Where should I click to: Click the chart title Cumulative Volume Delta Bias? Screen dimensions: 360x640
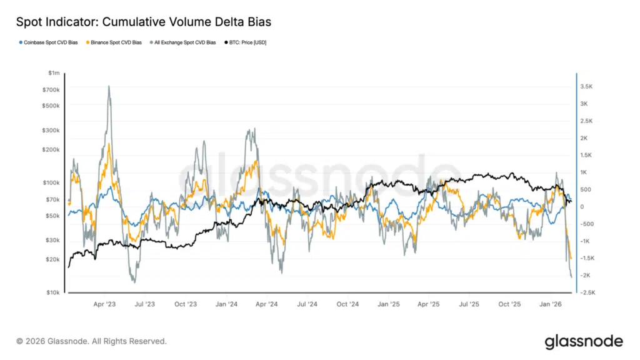[143, 22]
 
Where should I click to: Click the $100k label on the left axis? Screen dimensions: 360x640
[51, 183]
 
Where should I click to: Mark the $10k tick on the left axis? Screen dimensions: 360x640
[52, 292]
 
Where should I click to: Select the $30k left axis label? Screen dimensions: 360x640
[52, 241]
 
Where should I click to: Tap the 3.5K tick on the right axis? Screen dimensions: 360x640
[587, 86]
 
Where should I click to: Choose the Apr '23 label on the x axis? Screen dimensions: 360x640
[104, 304]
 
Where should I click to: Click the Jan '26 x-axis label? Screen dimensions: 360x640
[550, 304]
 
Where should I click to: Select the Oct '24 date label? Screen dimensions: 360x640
[347, 304]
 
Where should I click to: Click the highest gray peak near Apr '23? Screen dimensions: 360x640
[109, 86]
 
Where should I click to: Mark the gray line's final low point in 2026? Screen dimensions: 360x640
[571, 277]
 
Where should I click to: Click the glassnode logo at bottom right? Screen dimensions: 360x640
[583, 341]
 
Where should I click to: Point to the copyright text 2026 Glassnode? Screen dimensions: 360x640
[91, 341]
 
